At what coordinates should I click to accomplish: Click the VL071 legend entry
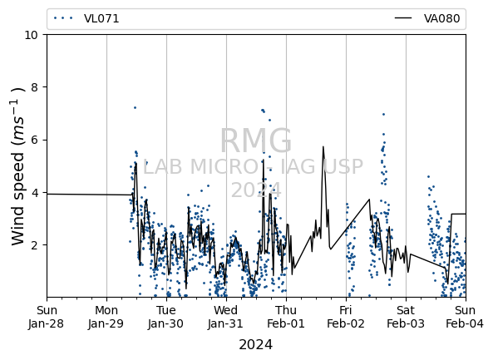point(86,18)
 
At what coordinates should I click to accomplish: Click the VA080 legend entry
point(427,18)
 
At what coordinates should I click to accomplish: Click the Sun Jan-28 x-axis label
point(47,317)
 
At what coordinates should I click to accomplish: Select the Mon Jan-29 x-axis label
point(106,317)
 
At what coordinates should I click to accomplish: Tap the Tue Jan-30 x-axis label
point(166,317)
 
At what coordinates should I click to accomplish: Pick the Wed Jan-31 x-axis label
point(226,317)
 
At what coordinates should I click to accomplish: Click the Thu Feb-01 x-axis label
point(286,317)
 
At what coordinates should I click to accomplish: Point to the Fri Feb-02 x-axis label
point(346,317)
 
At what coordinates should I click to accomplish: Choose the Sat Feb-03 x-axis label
point(406,317)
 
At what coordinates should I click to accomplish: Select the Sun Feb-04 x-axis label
point(465,317)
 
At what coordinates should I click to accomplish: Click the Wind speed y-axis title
point(17,166)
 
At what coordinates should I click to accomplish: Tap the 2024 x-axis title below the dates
point(255,344)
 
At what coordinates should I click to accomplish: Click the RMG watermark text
point(255,141)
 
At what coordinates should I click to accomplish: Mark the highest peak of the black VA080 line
point(323,146)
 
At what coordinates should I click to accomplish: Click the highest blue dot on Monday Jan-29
point(135,107)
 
